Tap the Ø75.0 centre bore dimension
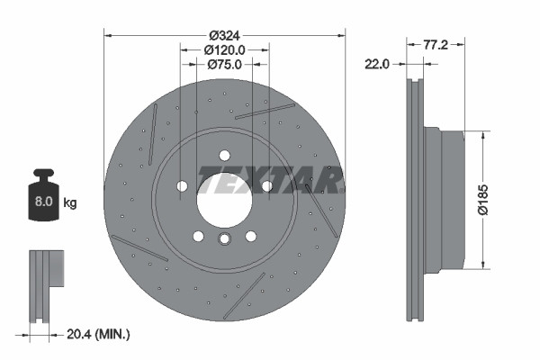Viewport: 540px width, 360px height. click(224, 64)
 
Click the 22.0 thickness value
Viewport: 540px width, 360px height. click(378, 64)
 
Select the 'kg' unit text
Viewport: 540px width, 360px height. click(70, 203)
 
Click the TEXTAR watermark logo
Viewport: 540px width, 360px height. click(270, 180)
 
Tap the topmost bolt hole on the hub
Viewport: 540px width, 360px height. click(224, 154)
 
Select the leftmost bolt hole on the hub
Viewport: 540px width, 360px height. click(183, 186)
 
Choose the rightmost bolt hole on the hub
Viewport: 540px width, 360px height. click(266, 186)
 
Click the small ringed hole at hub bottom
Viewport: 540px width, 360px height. click(224, 238)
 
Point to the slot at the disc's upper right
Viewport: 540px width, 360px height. click(265, 111)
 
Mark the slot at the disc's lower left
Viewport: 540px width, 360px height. click(139, 248)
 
